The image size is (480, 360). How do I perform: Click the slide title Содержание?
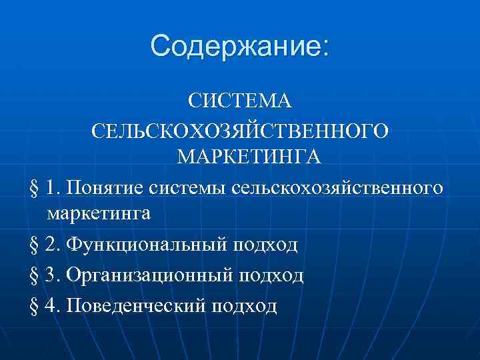pos(239,47)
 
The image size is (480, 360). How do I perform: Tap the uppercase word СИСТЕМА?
pos(239,101)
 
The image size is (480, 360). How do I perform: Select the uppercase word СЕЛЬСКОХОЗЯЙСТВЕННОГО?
pos(239,129)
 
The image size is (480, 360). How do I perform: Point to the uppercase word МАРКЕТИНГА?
pos(249,157)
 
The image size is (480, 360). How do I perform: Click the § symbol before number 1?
pos(35,187)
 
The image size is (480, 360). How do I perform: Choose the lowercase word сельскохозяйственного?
pos(337,187)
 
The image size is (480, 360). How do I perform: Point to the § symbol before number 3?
pos(35,275)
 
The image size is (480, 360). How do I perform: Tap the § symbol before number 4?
pos(35,305)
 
